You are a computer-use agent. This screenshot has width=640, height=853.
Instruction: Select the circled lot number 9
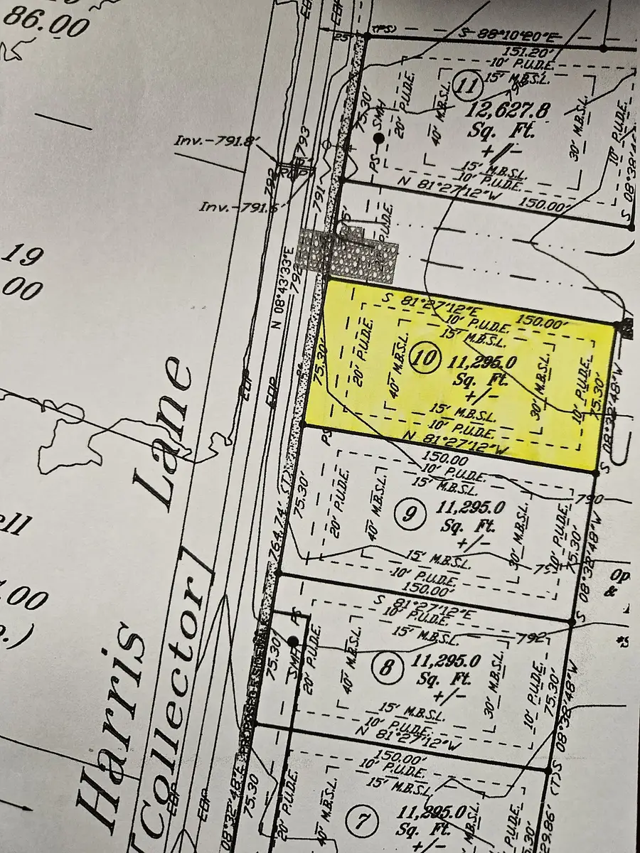(408, 513)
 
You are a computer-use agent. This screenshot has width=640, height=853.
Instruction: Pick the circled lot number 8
(388, 668)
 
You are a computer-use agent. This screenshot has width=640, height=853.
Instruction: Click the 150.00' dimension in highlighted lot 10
(543, 321)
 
